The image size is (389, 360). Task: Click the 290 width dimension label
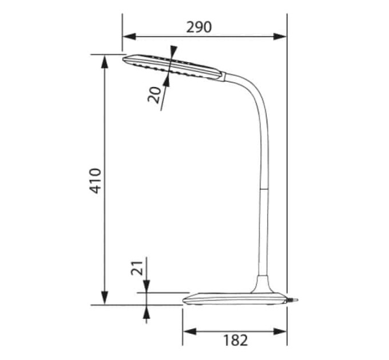[x=199, y=27]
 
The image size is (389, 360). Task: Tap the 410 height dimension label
[x=96, y=181]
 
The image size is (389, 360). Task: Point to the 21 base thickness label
[x=137, y=268]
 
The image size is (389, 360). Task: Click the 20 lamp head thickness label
[x=154, y=95]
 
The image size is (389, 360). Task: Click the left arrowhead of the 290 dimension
[x=129, y=37]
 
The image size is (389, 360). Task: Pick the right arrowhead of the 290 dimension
[x=280, y=37]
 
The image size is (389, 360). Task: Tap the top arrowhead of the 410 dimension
[x=105, y=62]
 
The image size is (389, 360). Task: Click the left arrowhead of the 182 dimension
[x=190, y=331]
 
